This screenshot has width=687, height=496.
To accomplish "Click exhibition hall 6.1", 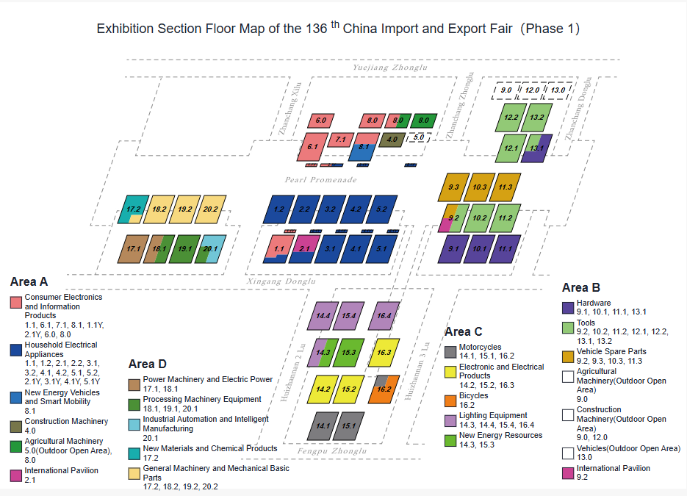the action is click(x=312, y=147).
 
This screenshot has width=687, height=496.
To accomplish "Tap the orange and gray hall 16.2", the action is click(x=384, y=389).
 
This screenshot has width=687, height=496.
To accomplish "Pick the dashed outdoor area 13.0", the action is click(x=557, y=90).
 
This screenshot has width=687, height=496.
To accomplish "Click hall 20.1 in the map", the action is click(x=210, y=249).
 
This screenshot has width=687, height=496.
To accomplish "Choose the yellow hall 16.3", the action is click(x=384, y=352).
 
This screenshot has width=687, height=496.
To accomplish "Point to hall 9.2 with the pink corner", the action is click(x=454, y=218).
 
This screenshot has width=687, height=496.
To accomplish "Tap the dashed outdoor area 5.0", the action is click(x=418, y=137).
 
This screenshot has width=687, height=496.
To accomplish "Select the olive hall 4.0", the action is click(x=392, y=140).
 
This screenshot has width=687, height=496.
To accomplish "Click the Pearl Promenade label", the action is click(x=320, y=179).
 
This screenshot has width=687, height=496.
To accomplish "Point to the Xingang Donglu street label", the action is click(x=281, y=281).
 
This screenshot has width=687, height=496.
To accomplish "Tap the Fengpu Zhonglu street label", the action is click(x=331, y=451).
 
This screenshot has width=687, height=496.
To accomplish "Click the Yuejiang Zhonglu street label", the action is click(x=390, y=68).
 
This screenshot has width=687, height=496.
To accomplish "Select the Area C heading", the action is click(x=463, y=331).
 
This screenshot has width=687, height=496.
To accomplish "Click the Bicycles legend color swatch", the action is click(x=450, y=401).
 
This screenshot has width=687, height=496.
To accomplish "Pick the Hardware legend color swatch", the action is click(x=568, y=308).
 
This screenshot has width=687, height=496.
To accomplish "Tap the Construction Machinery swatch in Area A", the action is click(x=15, y=426).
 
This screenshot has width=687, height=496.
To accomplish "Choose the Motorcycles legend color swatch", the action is click(x=450, y=352).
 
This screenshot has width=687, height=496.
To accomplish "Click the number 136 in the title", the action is click(x=317, y=29).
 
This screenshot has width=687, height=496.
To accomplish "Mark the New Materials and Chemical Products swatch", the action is click(x=134, y=453).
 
